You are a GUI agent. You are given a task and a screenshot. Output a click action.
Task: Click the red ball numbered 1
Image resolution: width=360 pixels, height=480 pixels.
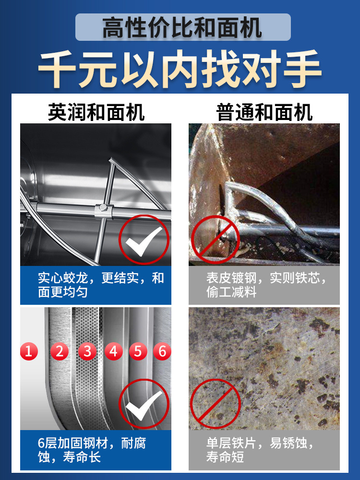click(x=28, y=351)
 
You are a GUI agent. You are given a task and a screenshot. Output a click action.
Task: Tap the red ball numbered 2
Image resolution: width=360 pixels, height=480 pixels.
click(x=60, y=351)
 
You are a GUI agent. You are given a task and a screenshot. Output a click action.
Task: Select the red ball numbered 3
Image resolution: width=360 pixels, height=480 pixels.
click(x=87, y=351)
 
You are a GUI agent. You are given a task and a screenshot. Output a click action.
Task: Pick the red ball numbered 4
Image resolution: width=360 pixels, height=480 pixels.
click(x=113, y=351)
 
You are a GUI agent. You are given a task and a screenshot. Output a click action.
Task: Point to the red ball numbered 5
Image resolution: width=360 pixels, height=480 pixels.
click(x=138, y=351)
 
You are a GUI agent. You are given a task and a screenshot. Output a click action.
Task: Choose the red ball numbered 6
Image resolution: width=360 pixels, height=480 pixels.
click(x=162, y=351)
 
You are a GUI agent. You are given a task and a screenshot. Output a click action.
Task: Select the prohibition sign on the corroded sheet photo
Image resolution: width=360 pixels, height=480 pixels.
click(x=215, y=404)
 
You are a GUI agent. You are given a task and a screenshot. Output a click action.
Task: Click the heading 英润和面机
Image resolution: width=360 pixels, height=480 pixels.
click(x=96, y=113)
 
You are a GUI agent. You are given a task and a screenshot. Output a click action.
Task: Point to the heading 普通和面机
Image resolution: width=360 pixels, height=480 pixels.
click(x=264, y=113)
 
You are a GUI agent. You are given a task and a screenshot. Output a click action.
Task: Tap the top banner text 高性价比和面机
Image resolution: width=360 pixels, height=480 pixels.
click(x=182, y=27)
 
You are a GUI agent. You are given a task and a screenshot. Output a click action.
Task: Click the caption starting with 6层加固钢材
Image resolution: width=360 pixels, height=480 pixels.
click(x=96, y=450)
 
